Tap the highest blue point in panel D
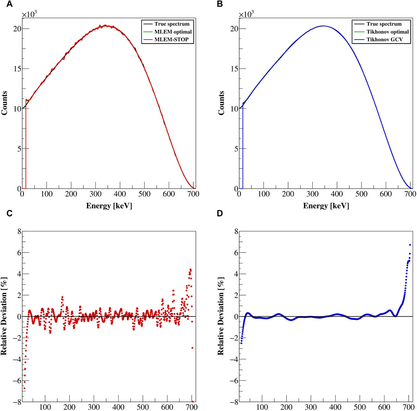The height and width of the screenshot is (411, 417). pos(410,245)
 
